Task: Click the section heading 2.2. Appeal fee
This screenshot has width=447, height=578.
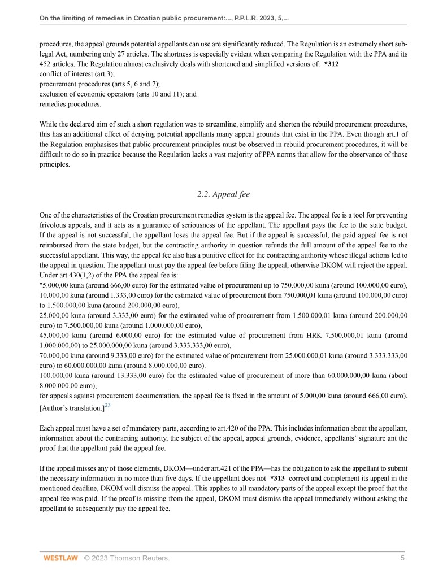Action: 223,194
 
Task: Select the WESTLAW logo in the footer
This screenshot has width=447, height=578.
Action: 59,558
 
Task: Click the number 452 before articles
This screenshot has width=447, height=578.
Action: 47,64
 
